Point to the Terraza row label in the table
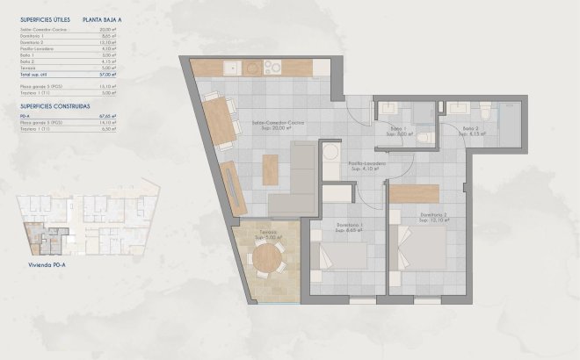click(x=27, y=67)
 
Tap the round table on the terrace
click(x=265, y=256)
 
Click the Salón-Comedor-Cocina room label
click(x=278, y=123)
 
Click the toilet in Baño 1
click(x=424, y=137)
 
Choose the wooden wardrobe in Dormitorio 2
click(x=414, y=192)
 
